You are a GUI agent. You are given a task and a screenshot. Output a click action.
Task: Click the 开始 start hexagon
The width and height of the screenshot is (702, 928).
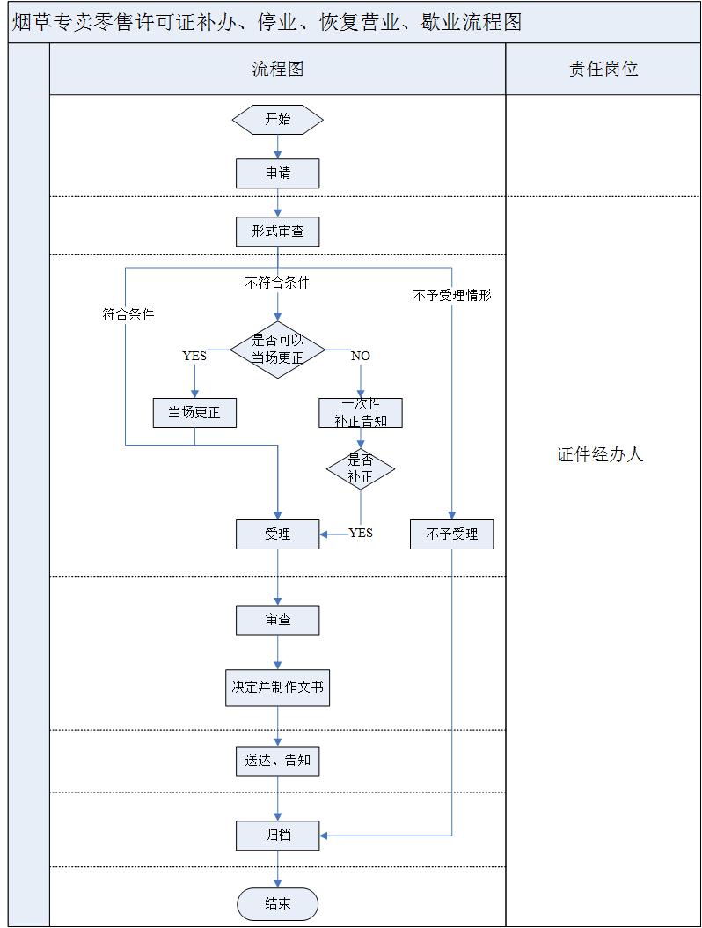277,120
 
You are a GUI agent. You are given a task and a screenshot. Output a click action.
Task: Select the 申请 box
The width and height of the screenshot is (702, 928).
277,173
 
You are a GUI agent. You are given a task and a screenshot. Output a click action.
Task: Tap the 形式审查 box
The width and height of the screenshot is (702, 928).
277,232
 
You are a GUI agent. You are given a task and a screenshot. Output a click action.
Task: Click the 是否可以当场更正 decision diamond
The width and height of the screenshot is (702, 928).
277,349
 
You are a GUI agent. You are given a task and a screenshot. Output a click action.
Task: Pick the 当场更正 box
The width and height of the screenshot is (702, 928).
194,412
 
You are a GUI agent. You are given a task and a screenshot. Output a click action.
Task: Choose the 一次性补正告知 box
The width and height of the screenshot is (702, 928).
361,412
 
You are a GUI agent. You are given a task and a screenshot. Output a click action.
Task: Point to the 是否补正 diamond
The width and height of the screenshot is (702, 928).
361,468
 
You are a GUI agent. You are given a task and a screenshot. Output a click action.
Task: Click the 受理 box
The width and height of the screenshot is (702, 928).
277,534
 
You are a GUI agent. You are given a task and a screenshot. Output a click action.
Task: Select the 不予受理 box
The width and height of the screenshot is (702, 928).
451,534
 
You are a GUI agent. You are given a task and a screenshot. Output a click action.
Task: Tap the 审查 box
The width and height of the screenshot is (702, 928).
277,620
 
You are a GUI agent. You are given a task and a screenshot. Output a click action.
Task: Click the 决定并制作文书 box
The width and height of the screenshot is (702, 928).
277,688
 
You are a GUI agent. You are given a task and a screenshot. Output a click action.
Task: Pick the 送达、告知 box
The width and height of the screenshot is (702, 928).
277,760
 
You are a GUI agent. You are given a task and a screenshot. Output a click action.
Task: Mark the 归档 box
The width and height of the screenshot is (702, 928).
277,835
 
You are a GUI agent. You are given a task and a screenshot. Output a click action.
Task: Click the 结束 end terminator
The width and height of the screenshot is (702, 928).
277,904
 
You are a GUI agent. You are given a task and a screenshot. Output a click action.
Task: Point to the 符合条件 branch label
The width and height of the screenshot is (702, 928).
128,314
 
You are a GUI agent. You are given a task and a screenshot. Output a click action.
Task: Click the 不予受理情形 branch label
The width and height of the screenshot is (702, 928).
451,296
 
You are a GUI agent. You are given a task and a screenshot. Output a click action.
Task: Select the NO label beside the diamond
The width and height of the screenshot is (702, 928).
361,356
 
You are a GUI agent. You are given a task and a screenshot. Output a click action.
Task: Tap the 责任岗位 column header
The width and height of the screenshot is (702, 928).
603,70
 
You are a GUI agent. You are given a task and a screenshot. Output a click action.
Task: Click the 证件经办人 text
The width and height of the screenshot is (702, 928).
600,455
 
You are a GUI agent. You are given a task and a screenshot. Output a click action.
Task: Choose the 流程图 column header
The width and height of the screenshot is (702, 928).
277,70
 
